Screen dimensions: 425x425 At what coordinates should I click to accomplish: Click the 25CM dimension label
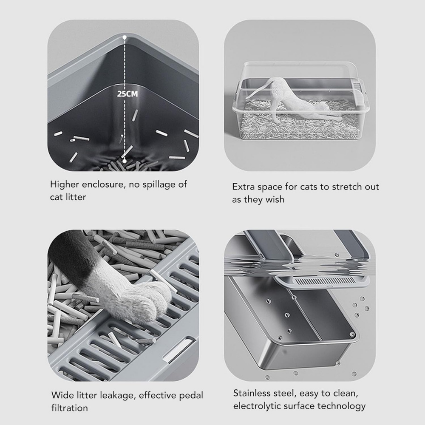click(127, 94)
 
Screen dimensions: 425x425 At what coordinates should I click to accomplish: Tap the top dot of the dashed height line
click(125, 37)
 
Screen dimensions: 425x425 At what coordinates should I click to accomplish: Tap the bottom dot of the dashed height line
click(125, 161)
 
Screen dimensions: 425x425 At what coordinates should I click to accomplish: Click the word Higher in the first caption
click(65, 185)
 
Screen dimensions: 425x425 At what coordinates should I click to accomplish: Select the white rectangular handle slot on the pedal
click(179, 349)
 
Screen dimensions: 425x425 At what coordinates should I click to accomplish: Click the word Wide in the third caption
click(62, 395)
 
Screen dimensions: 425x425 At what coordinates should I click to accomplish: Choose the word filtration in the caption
click(70, 408)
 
